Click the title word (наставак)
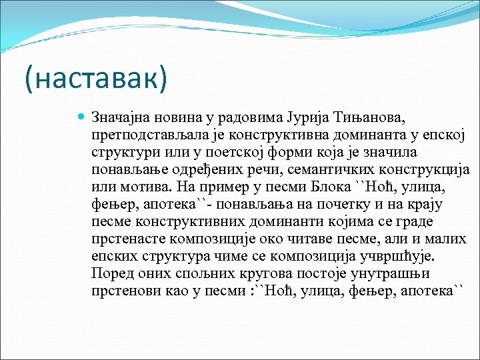tap(96, 79)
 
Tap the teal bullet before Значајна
tap(81, 117)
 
